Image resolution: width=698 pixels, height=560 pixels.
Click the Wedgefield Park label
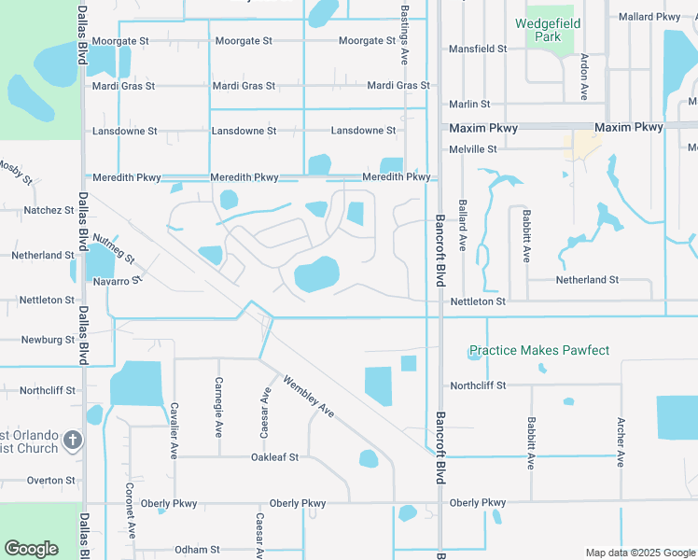tap(549, 30)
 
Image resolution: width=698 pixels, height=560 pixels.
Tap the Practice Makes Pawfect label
tap(538, 351)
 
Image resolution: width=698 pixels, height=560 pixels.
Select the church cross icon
tap(75, 440)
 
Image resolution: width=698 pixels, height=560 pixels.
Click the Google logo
tap(31, 549)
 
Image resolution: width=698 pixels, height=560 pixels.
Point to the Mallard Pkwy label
tap(649, 17)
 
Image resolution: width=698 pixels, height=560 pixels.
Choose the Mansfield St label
tap(478, 49)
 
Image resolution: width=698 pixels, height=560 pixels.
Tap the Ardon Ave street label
tap(584, 77)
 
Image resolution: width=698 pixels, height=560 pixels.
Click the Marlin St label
tap(469, 105)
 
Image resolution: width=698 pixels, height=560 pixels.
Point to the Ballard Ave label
tap(462, 225)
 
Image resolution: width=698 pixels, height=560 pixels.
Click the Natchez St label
tap(49, 211)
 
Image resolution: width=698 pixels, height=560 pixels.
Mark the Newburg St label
tap(48, 340)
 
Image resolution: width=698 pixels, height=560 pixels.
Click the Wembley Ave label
tap(308, 396)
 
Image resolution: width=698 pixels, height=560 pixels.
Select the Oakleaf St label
tap(274, 457)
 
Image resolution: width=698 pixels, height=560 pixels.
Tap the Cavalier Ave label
tap(174, 430)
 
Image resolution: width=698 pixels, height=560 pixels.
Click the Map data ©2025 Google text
tap(639, 553)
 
